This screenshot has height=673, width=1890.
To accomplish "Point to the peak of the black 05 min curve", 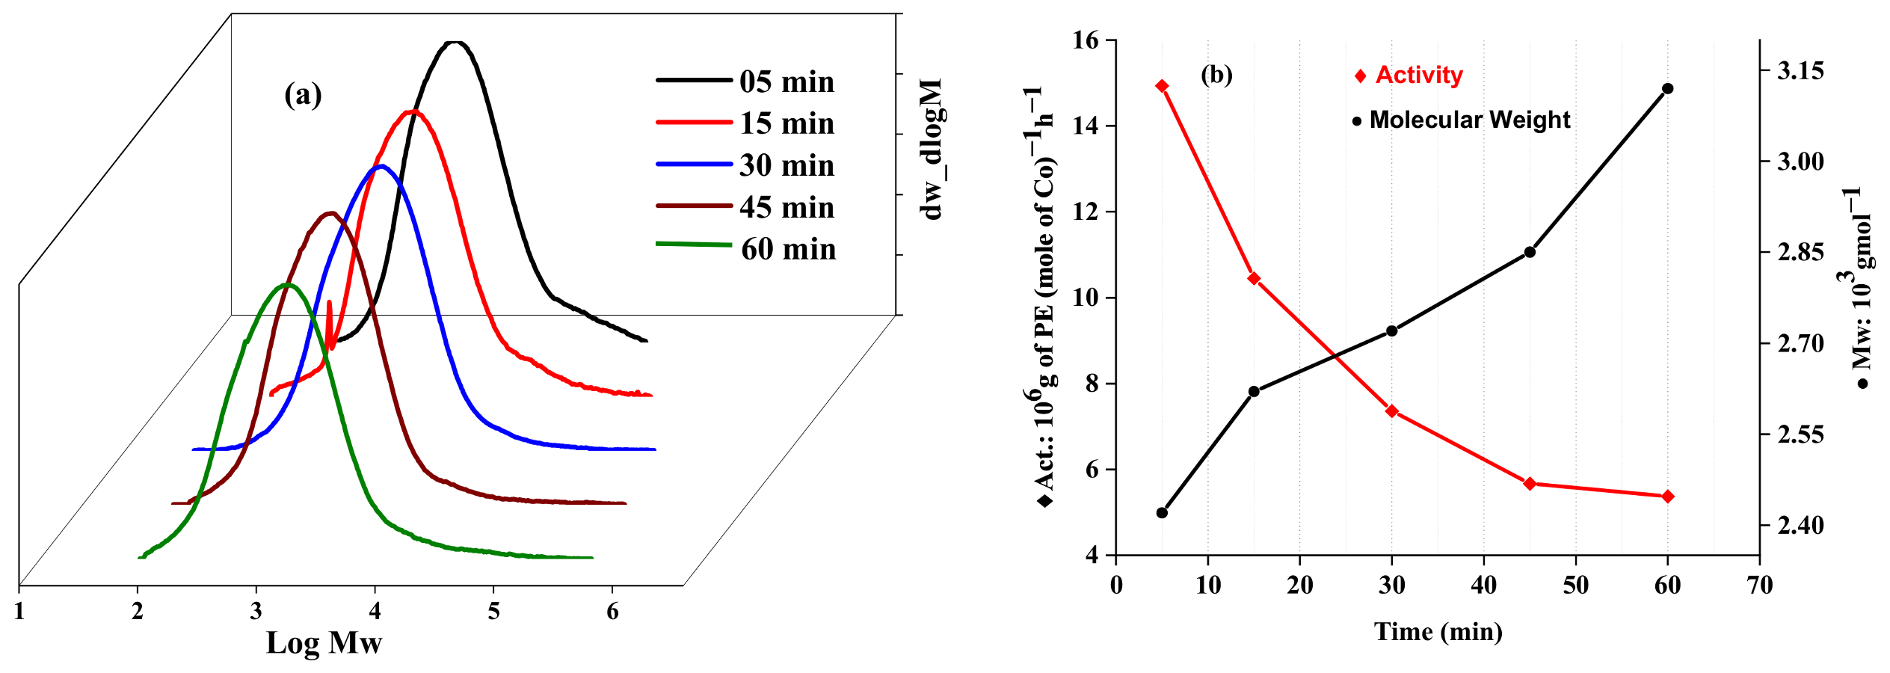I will [x=455, y=43].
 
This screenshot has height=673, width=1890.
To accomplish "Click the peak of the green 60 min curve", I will [x=287, y=284].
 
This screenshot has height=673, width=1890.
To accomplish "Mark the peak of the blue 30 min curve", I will [x=381, y=166].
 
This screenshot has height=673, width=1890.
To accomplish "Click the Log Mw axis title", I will [x=324, y=643].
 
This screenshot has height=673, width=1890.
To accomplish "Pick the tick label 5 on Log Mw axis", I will [x=493, y=612].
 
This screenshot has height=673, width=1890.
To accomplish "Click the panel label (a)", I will [x=303, y=95].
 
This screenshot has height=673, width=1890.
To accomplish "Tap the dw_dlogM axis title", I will [x=932, y=150].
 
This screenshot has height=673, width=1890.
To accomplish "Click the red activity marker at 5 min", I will [x=1162, y=86].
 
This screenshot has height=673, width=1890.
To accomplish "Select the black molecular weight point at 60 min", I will [x=1667, y=88].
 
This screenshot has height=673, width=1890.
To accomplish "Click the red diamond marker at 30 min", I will [x=1391, y=411].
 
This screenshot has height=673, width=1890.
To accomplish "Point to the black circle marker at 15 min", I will [x=1254, y=391].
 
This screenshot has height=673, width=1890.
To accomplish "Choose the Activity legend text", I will [x=1418, y=75].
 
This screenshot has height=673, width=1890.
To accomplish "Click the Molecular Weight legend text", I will [x=1469, y=120].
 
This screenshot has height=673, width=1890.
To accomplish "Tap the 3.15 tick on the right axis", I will [x=1800, y=71].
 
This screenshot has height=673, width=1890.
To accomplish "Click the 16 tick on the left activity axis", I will [x=1086, y=40].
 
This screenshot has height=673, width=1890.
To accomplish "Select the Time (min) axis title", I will [x=1438, y=632].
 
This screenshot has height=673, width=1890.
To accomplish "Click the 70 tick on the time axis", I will [x=1760, y=585].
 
